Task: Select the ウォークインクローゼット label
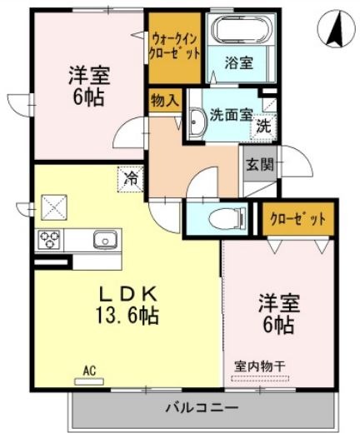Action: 174,47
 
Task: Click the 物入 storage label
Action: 165,100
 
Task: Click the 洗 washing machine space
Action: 263,127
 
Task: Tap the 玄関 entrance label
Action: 259,164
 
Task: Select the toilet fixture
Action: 227,219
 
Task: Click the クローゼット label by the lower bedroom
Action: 297,219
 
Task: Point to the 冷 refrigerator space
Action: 131,179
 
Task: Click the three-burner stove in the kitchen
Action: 49,240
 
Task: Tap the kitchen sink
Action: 105,239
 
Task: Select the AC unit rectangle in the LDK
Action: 89,381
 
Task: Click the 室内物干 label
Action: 260,366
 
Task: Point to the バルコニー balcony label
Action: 202,408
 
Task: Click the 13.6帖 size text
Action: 127,316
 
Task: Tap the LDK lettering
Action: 128,295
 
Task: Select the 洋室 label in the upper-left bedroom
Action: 89,76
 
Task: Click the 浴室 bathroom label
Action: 239,62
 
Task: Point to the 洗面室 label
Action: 232,114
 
